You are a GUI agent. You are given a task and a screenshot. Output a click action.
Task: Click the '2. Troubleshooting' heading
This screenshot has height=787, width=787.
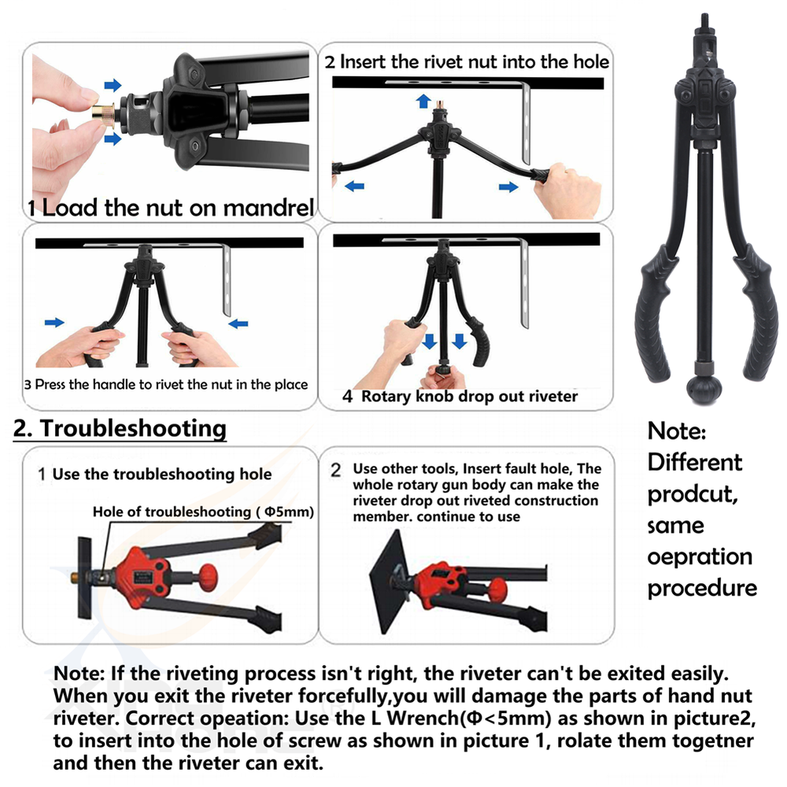(x=120, y=429)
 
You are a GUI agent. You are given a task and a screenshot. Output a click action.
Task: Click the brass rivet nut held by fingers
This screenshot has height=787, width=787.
(x=103, y=113)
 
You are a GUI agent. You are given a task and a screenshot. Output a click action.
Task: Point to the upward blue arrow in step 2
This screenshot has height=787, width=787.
(x=423, y=101)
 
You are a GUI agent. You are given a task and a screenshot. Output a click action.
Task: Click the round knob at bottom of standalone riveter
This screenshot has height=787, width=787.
(x=704, y=388)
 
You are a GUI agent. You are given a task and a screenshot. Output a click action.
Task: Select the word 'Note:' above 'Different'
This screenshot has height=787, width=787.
(x=677, y=431)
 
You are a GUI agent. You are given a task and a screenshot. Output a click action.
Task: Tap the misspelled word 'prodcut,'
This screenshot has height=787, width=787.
(x=693, y=494)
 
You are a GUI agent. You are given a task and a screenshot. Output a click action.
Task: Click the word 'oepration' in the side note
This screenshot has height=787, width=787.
(x=700, y=557)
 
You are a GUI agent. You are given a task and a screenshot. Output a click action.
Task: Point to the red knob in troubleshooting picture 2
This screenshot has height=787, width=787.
(x=497, y=589)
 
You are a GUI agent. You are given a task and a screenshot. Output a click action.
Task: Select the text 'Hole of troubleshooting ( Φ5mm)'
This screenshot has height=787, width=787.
(x=203, y=512)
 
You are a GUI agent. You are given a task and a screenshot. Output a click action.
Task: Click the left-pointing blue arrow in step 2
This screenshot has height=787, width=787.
(x=355, y=187)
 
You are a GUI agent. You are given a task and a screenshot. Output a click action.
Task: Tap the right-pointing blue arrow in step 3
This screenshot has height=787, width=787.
(x=55, y=322)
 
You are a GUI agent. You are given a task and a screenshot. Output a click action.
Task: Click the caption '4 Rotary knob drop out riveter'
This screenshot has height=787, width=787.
(x=460, y=397)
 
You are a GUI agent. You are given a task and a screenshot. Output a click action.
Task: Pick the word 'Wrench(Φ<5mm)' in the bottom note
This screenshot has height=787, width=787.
(x=469, y=719)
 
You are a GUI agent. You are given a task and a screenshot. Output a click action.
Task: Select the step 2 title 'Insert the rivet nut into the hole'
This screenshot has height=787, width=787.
(x=475, y=61)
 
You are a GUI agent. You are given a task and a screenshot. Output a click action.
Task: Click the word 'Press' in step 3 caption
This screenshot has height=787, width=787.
(x=50, y=385)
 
